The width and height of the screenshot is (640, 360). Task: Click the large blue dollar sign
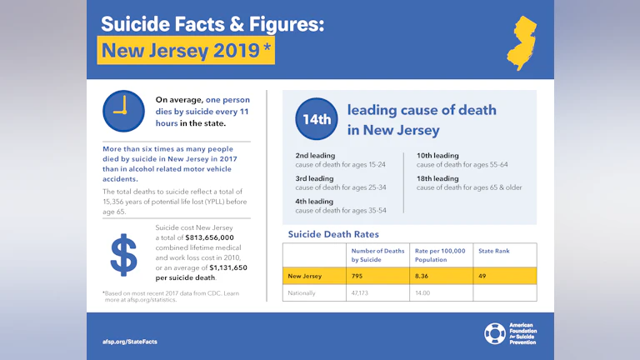tap(123, 255)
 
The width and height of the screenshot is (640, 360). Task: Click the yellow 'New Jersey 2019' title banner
tap(186, 51)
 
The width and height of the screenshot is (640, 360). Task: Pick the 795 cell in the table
tap(359, 275)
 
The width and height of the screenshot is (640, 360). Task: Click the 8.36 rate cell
tap(423, 275)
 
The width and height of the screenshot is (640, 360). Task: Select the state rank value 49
tap(482, 275)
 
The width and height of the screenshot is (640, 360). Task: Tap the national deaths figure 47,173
tap(361, 293)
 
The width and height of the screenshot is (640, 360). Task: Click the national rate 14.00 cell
tap(424, 293)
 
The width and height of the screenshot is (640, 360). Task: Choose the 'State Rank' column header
tap(494, 251)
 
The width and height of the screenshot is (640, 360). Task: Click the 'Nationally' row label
tap(302, 293)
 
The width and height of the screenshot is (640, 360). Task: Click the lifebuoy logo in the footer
tap(494, 333)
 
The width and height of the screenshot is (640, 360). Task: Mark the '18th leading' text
tap(437, 178)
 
